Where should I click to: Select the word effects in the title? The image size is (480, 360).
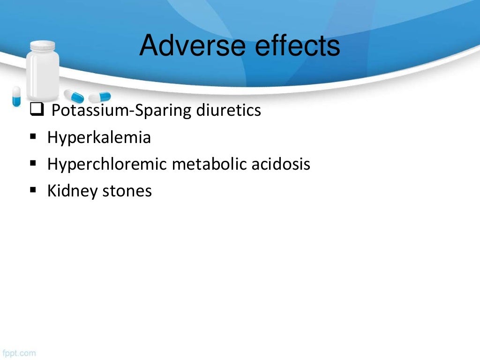(295, 45)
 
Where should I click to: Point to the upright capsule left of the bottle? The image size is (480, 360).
(16, 96)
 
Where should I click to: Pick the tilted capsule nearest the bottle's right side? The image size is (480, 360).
(74, 96)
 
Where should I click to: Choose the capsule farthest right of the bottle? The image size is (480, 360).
(100, 97)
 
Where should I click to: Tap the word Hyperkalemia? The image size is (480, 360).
(99, 138)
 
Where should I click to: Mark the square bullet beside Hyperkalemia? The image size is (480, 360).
(33, 137)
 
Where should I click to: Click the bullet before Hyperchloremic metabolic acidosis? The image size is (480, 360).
(33, 164)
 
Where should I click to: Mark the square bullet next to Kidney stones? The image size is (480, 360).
(33, 190)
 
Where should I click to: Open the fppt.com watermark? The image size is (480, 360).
(19, 353)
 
